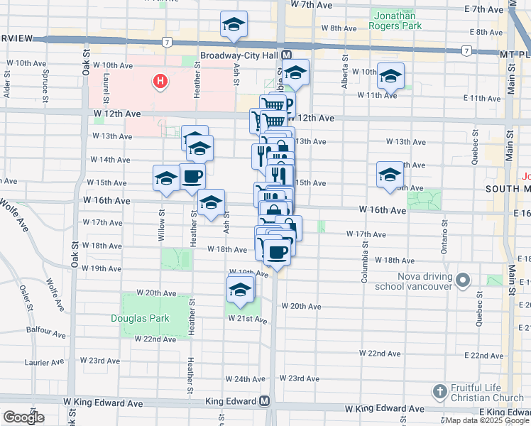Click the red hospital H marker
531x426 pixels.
pos(161,82)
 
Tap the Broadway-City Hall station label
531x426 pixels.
pos(240,55)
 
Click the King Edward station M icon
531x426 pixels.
pos(265,401)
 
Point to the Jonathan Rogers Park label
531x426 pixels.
pos(396,19)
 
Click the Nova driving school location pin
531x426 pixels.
pos(464,279)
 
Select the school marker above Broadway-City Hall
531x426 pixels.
pos(234,25)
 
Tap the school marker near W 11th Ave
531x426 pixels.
pos(390,76)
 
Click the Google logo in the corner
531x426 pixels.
pos(23,417)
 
